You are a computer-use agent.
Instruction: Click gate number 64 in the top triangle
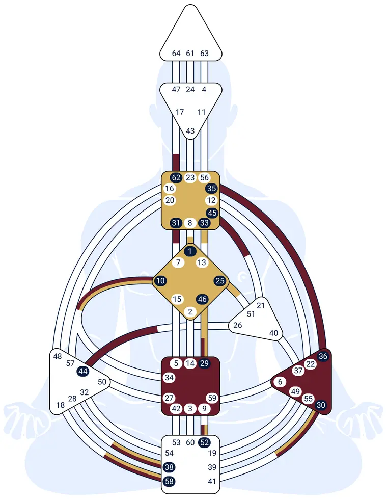pos(176,53)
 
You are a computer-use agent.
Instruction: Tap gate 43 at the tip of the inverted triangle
pos(190,131)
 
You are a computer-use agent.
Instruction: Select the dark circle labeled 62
pos(176,177)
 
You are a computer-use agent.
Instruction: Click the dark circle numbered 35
pos(211,188)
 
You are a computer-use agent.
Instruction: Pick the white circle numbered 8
pos(190,223)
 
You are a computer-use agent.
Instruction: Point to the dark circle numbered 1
pos(190,251)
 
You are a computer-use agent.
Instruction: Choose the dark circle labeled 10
pos(160,281)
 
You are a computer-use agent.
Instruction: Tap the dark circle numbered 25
pos(220,281)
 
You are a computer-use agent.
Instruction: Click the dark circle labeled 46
pos(202,299)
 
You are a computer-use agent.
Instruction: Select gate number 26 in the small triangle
pos(238,325)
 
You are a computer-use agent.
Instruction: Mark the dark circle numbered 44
pos(83,371)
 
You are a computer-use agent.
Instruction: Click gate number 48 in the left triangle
pos(58,356)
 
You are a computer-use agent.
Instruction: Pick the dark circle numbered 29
pos(204,363)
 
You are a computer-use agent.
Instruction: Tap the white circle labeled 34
pos(169,378)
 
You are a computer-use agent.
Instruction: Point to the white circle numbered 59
pos(212,398)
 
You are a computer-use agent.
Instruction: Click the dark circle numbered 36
pos(323,356)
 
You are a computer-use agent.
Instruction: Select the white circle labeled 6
pos(280,382)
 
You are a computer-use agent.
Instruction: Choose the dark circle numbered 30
pos(321,405)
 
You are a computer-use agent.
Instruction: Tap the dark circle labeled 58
pos(169,481)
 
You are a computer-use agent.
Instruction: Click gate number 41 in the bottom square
pos(212,481)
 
